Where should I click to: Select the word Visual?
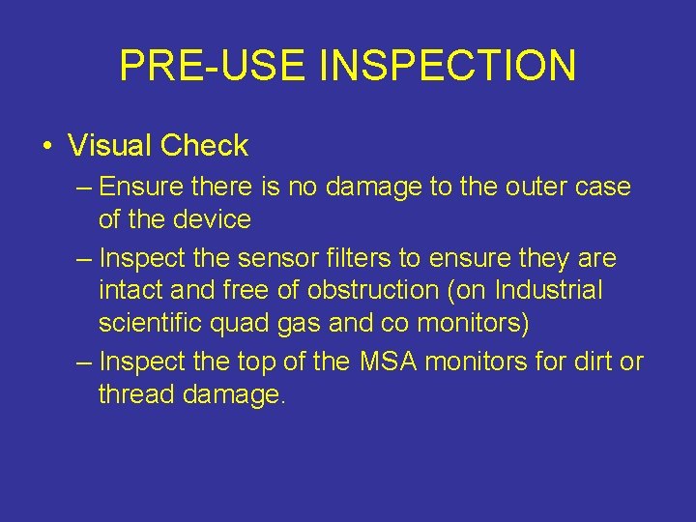pyautogui.click(x=110, y=146)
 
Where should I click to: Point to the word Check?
pyautogui.click(x=204, y=146)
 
